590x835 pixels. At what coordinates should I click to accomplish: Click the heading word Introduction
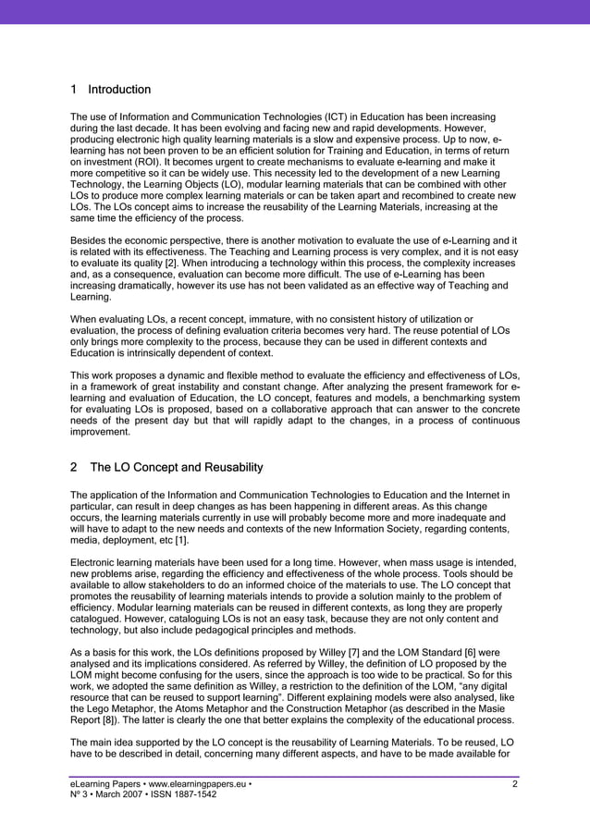[x=118, y=90]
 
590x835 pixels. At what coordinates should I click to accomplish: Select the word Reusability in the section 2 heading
[x=229, y=467]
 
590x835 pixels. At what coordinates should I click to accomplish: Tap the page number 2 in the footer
[x=515, y=785]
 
